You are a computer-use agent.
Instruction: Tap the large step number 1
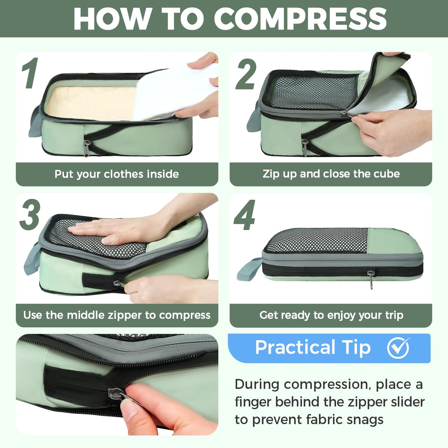[x=30, y=73]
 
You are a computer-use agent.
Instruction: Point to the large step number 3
[x=30, y=215]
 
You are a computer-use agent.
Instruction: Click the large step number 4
[x=245, y=215]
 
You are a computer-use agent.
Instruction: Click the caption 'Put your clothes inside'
[x=117, y=174]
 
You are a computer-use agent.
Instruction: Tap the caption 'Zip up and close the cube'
[x=331, y=174]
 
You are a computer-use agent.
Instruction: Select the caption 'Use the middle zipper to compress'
[x=117, y=315]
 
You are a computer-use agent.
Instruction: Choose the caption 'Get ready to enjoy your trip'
[x=331, y=315]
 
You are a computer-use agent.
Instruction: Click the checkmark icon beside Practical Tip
[x=398, y=348]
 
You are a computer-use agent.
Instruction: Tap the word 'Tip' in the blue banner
[x=356, y=348]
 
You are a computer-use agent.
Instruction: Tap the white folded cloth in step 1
[x=174, y=90]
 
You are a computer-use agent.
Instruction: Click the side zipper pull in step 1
[x=87, y=148]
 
